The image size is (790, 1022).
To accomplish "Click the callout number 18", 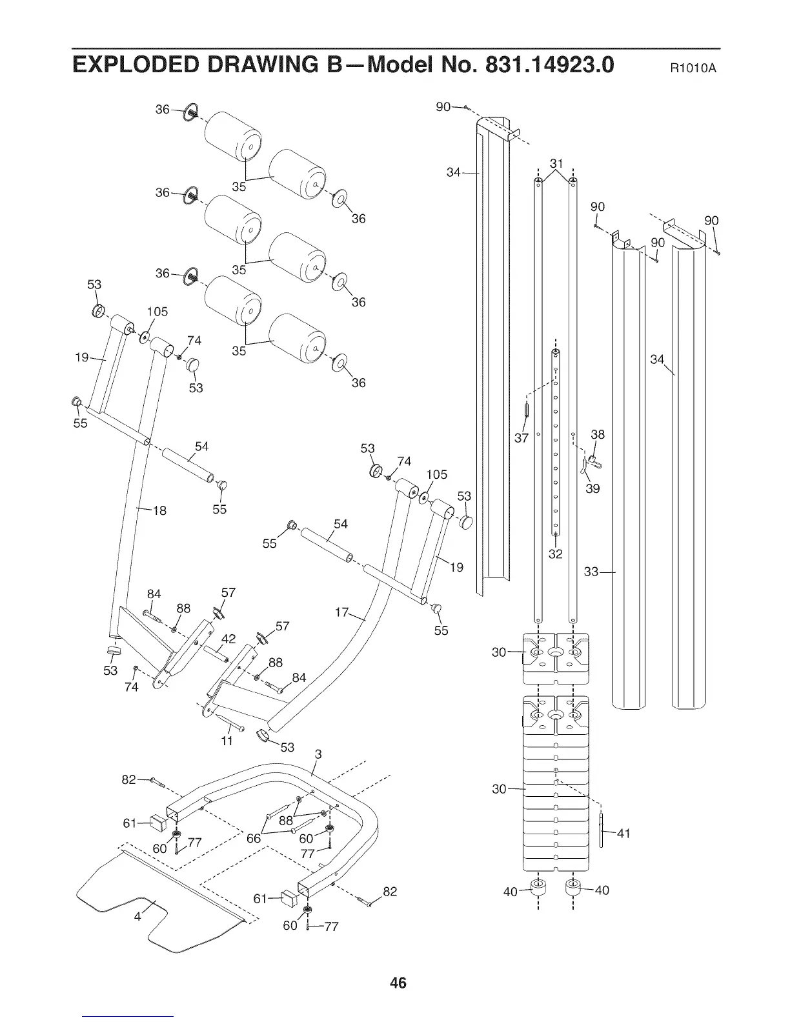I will point(159,511).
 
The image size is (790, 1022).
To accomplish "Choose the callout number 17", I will point(343,612).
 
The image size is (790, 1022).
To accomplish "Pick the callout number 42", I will point(228,639).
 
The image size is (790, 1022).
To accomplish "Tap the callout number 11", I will point(227,741).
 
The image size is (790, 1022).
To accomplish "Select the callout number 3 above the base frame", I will point(318,754).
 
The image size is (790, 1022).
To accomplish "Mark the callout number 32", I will point(555,554).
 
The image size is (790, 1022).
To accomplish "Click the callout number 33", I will point(591,572).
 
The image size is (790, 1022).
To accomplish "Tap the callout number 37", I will point(522,439).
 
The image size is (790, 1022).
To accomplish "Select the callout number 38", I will point(598,434).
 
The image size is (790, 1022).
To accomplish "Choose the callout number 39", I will point(592,488).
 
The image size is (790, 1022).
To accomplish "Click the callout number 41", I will point(623,833).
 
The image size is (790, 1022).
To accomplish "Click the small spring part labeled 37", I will point(527,410).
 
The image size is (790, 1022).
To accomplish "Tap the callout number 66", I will point(254,837).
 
